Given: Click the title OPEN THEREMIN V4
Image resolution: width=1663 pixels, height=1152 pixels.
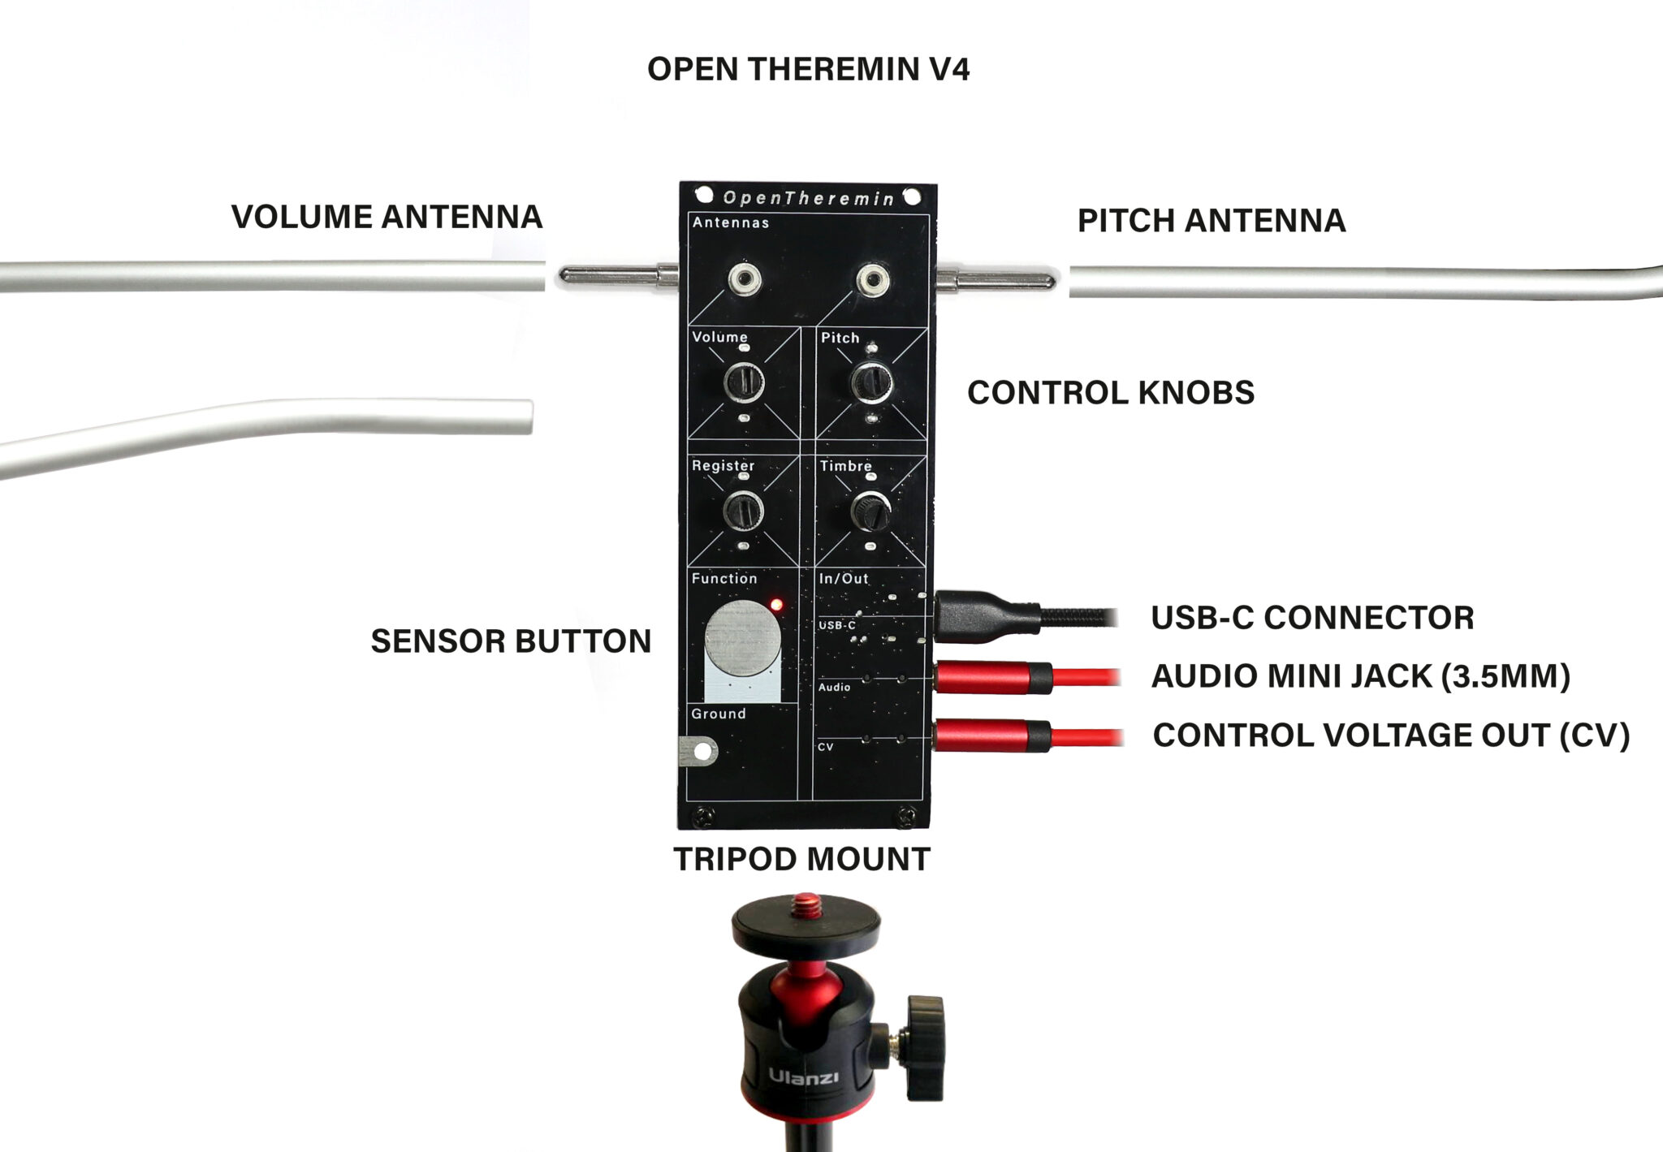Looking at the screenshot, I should [x=808, y=69].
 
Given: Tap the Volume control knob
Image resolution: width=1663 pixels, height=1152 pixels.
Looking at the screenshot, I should [x=743, y=381].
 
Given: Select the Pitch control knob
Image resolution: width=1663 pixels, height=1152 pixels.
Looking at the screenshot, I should [x=871, y=381].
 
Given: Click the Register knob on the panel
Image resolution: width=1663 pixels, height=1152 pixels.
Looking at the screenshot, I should [x=742, y=511].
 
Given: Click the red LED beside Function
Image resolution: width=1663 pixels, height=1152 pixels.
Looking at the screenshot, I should [x=775, y=605].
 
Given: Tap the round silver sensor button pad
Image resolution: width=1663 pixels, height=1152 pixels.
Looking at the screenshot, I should [x=743, y=639].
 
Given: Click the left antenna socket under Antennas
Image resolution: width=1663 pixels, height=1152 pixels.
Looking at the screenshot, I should [x=745, y=281].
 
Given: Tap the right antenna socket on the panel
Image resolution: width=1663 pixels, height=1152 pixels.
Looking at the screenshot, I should [x=874, y=281].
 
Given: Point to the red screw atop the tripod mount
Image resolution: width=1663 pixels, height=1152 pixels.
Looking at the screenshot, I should [x=806, y=900].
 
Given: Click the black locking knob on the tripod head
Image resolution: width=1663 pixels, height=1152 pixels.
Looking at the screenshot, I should [x=925, y=1048].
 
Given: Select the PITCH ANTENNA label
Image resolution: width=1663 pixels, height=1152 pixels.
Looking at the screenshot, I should [x=1211, y=221].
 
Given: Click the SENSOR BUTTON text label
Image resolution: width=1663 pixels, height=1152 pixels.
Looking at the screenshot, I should [x=511, y=641].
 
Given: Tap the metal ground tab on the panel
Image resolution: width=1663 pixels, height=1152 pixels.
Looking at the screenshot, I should [x=697, y=751].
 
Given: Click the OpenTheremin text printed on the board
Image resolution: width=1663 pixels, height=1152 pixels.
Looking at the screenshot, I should [x=808, y=198].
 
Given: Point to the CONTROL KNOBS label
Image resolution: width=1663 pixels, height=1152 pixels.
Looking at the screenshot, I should [x=1110, y=393].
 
